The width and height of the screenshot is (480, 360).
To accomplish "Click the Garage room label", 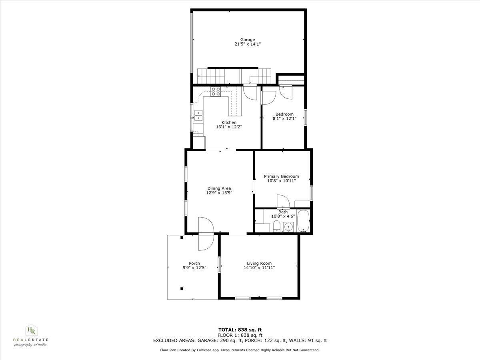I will coord(248,40).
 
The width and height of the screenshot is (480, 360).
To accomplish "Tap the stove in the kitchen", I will coord(216,92).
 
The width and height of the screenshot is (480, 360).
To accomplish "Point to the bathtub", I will coord(303,221).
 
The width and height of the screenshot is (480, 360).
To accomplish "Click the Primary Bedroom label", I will coord(281,176).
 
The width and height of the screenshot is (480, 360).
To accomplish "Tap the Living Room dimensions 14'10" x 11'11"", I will coord(259,268).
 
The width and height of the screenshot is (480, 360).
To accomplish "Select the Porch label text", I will coord(194,263).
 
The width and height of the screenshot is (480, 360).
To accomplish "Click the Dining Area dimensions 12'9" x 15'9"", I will coord(219,193).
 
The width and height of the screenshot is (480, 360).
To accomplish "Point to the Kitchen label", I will coord(229,122).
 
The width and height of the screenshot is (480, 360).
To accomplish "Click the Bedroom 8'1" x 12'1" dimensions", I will coord(284,118).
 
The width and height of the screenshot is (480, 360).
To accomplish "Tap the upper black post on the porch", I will coord(182,238).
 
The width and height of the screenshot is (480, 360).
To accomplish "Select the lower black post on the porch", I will coord(182,288).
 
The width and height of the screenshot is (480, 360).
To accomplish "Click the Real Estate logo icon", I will coord(31,330).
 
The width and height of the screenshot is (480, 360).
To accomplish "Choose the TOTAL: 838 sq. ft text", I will coord(240,330).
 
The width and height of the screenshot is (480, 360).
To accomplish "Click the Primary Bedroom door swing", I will coord(282,201).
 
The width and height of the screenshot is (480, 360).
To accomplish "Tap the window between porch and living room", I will coord(219,265).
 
